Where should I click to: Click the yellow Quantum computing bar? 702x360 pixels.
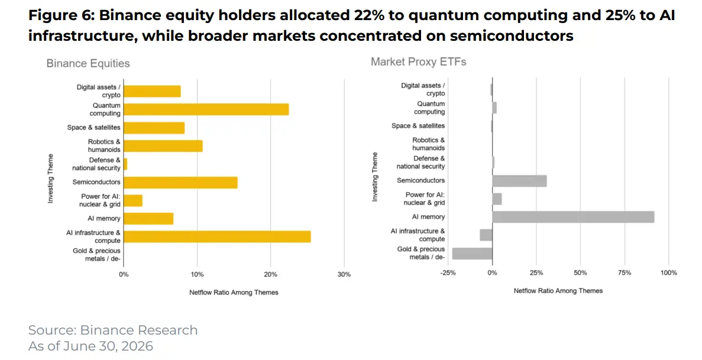(x=206, y=109)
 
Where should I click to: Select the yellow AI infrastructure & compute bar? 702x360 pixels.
(x=217, y=236)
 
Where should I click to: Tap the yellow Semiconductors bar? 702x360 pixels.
(x=180, y=182)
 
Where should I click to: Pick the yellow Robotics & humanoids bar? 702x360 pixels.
(x=163, y=146)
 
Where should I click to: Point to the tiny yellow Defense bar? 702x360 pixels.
(x=125, y=164)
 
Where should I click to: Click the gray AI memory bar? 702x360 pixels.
(x=573, y=217)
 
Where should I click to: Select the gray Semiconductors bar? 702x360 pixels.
(x=519, y=180)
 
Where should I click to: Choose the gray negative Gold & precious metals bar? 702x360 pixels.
(x=473, y=254)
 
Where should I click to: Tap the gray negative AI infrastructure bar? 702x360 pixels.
(x=486, y=235)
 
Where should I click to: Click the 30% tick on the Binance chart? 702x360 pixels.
(x=344, y=274)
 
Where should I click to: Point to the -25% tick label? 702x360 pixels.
(x=448, y=273)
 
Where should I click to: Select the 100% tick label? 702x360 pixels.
(x=669, y=273)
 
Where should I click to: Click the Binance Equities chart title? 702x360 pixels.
(x=88, y=64)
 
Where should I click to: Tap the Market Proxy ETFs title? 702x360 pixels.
(x=418, y=62)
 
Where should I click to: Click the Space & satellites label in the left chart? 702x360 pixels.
(x=93, y=128)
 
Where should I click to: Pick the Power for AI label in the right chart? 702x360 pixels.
(x=425, y=199)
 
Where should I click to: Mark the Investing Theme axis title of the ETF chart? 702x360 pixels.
(x=375, y=177)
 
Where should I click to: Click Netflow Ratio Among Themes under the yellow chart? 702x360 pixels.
(x=234, y=293)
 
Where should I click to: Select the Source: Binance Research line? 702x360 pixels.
(x=113, y=330)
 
